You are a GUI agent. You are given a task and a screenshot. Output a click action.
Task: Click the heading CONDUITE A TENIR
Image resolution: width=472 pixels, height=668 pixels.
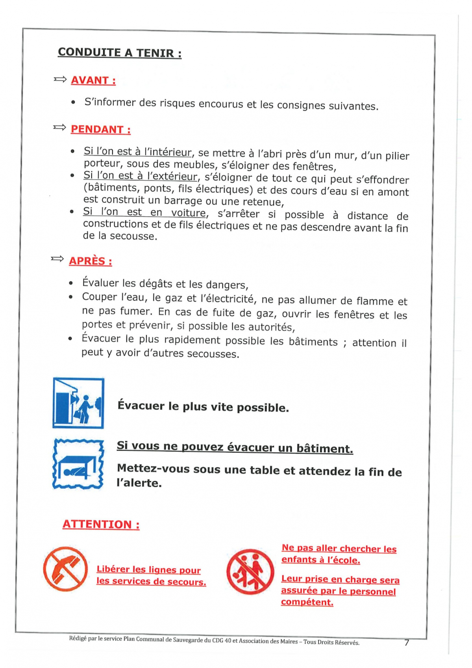[119, 52]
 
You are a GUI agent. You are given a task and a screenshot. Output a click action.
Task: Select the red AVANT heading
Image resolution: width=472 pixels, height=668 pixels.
[93, 80]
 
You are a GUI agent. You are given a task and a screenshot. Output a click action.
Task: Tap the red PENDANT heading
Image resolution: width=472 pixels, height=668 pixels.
[100, 130]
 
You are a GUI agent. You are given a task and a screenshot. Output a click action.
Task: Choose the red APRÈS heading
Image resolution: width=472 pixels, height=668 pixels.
[90, 261]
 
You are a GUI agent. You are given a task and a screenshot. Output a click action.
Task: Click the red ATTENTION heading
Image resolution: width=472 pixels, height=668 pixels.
[101, 525]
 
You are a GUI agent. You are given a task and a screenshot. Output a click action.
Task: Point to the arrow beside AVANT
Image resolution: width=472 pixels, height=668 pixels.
[60, 80]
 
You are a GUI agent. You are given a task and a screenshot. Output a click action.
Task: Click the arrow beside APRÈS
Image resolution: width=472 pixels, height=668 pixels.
[57, 259]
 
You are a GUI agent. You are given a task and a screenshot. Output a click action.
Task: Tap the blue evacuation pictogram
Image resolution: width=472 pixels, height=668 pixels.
[78, 403]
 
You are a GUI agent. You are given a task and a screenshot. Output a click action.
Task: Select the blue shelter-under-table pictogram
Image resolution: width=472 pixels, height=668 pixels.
[78, 464]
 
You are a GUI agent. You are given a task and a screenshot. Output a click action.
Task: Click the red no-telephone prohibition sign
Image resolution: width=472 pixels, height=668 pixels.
[65, 569]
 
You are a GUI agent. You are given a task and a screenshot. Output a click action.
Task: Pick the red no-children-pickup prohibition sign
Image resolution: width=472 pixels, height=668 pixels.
[250, 571]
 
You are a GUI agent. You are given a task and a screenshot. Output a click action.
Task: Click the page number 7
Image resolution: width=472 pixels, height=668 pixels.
[407, 643]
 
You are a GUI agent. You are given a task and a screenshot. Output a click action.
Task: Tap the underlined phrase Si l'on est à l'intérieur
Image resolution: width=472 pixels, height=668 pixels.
[137, 152]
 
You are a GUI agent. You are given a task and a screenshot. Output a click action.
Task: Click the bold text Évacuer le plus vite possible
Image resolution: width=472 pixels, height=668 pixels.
[203, 407]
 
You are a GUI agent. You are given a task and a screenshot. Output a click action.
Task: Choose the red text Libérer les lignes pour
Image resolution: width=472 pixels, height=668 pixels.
[148, 570]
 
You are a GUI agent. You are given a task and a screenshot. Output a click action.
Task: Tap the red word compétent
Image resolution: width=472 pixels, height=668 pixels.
[307, 602]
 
